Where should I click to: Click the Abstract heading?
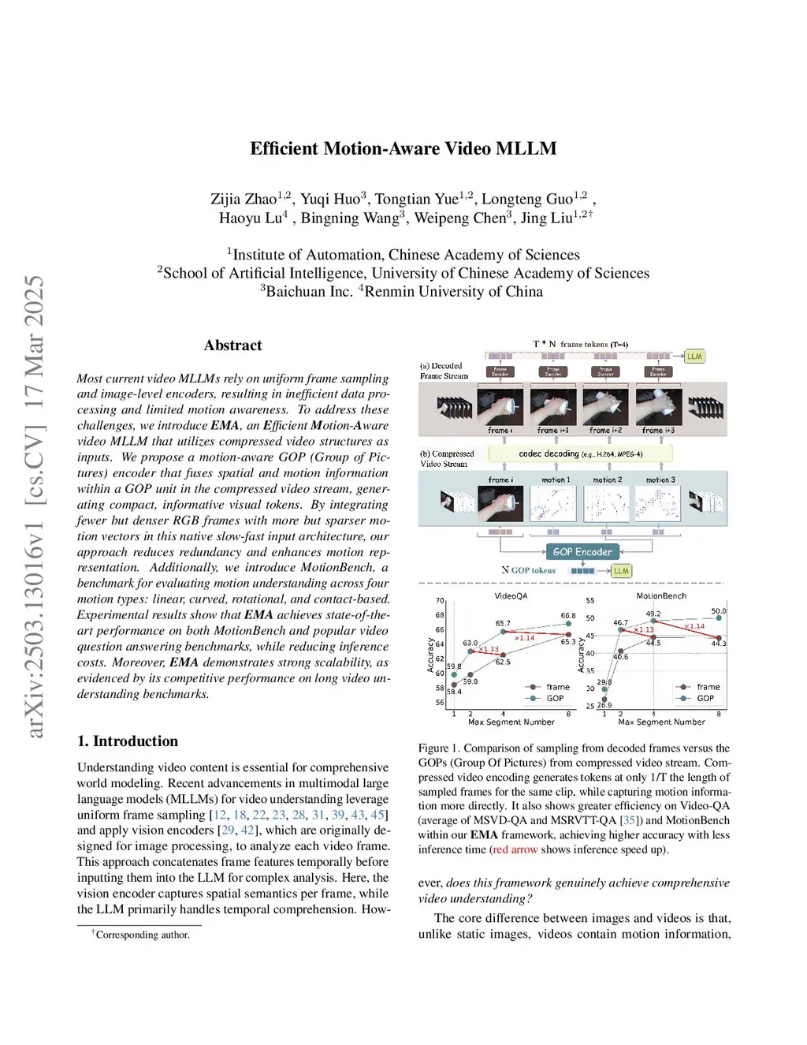point(232,345)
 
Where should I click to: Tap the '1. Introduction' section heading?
point(128,741)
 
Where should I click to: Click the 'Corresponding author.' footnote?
point(142,935)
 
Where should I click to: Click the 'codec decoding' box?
point(580,453)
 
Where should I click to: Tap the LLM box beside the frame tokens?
point(694,356)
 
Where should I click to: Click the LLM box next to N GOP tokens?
point(621,570)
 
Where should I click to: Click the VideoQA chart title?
point(511,596)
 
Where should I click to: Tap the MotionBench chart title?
point(661,596)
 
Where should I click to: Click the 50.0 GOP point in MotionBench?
point(719,618)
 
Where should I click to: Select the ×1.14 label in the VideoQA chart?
point(524,637)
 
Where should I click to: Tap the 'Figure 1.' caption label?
point(439,748)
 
